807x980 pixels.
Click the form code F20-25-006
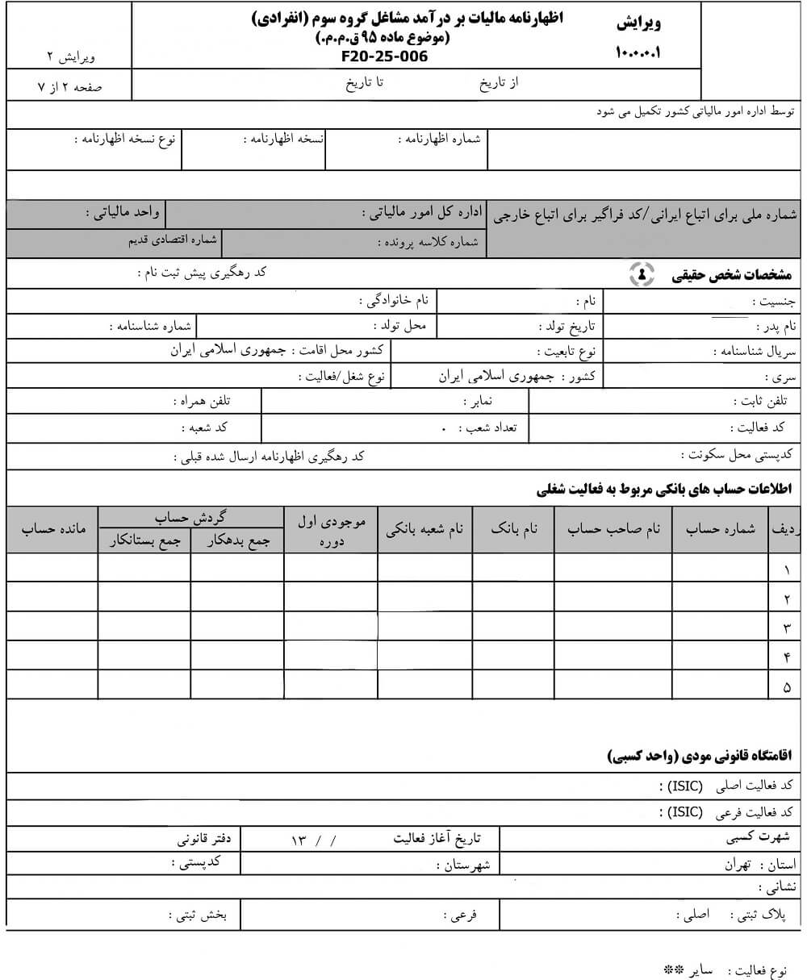(x=385, y=56)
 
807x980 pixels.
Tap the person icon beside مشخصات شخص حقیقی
(x=642, y=274)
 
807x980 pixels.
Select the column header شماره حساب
(x=720, y=529)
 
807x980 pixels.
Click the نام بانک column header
(x=513, y=529)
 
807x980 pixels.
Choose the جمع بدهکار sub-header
(x=237, y=541)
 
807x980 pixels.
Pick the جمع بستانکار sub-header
(x=144, y=541)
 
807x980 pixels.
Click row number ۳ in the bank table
(x=787, y=628)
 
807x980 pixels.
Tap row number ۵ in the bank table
(x=787, y=686)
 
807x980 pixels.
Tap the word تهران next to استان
(x=738, y=865)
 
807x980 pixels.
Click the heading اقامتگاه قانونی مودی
(x=700, y=756)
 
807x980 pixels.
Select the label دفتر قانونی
(x=205, y=839)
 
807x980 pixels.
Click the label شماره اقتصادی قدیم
(x=173, y=240)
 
